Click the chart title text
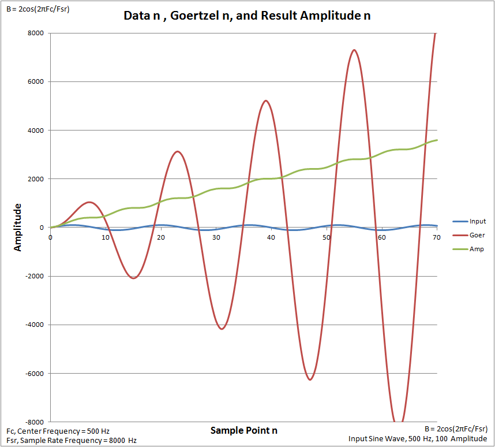tap(247, 16)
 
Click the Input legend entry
tap(477, 221)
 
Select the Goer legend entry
tap(477, 235)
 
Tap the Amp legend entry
tap(476, 249)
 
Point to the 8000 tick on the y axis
tap(35, 33)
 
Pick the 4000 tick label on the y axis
tap(35, 130)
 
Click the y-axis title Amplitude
tap(18, 226)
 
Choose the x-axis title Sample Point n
tap(243, 430)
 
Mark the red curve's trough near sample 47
tap(310, 379)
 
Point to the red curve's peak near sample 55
tap(354, 50)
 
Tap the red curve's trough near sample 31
tap(222, 329)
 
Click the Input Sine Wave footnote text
tap(418, 439)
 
